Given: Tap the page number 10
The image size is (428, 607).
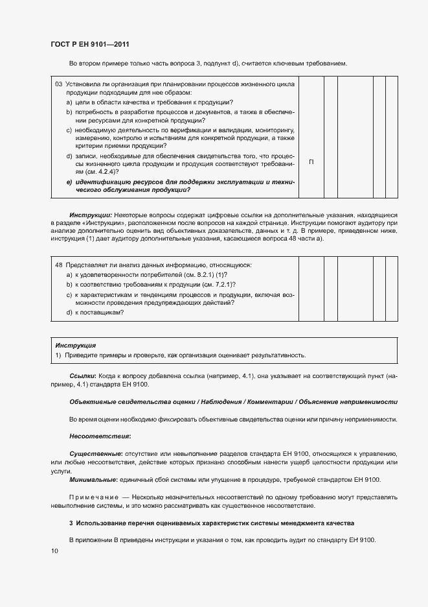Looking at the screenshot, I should pos(54,551).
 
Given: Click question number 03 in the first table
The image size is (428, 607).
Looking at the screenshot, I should pos(58,84).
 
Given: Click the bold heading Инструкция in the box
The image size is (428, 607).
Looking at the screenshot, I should pos(76,346).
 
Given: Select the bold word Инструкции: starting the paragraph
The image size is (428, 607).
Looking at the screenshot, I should pos(91,215).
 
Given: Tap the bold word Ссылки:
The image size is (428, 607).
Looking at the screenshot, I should pos(83,376).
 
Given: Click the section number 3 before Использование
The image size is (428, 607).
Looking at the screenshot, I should pos(71,523).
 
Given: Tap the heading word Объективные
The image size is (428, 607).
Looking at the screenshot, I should pos(92,402).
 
